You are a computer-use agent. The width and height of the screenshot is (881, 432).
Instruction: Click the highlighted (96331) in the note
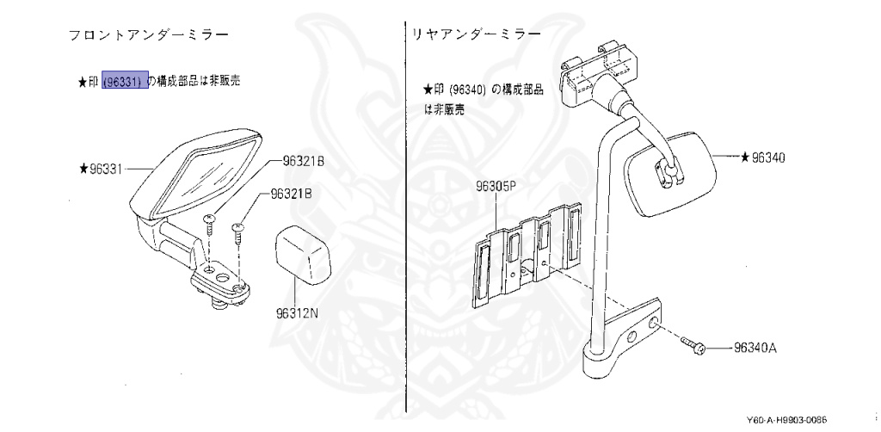(x=125, y=81)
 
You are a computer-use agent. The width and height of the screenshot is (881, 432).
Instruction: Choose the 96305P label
(x=494, y=186)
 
